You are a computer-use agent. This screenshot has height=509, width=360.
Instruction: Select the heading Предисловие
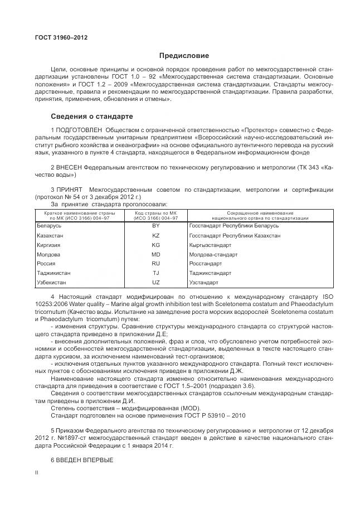[184, 56]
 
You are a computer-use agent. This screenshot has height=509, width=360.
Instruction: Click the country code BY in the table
[155, 226]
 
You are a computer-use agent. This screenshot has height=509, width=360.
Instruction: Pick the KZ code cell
[155, 236]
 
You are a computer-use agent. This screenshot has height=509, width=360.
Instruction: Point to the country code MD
[155, 254]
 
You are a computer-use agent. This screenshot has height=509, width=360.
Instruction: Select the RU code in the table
[155, 264]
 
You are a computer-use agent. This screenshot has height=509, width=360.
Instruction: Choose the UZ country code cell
[155, 283]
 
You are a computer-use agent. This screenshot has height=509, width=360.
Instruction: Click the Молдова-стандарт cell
[213, 254]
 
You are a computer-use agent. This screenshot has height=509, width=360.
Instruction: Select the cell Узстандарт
[206, 283]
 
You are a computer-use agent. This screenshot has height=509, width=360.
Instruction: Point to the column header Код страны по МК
[155, 212]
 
